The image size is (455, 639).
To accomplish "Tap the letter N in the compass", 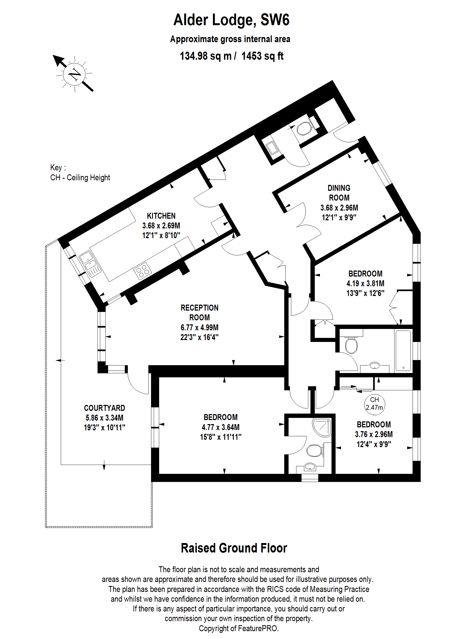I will pos(75,74).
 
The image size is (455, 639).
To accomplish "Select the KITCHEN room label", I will pos(161,216).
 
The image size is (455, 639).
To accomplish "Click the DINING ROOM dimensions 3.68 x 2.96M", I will pos(339,208).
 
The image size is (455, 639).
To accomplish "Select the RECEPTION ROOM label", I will pos(199,312).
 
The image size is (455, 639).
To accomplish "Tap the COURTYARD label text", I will pos(105,408).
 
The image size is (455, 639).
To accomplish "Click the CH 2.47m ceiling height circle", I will pos(374,404).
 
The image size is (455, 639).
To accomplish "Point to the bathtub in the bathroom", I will pos(403,351).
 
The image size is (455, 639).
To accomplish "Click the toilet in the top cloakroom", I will pos(304,129).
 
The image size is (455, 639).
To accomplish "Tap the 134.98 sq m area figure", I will pos(205,56).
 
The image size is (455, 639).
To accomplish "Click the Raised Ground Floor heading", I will pos(234,548).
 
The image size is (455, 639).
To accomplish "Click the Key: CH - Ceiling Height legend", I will pos(80,173).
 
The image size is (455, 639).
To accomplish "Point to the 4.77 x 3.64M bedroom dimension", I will pos(220,427).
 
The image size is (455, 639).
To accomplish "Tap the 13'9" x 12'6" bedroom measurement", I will pos(365,293).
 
